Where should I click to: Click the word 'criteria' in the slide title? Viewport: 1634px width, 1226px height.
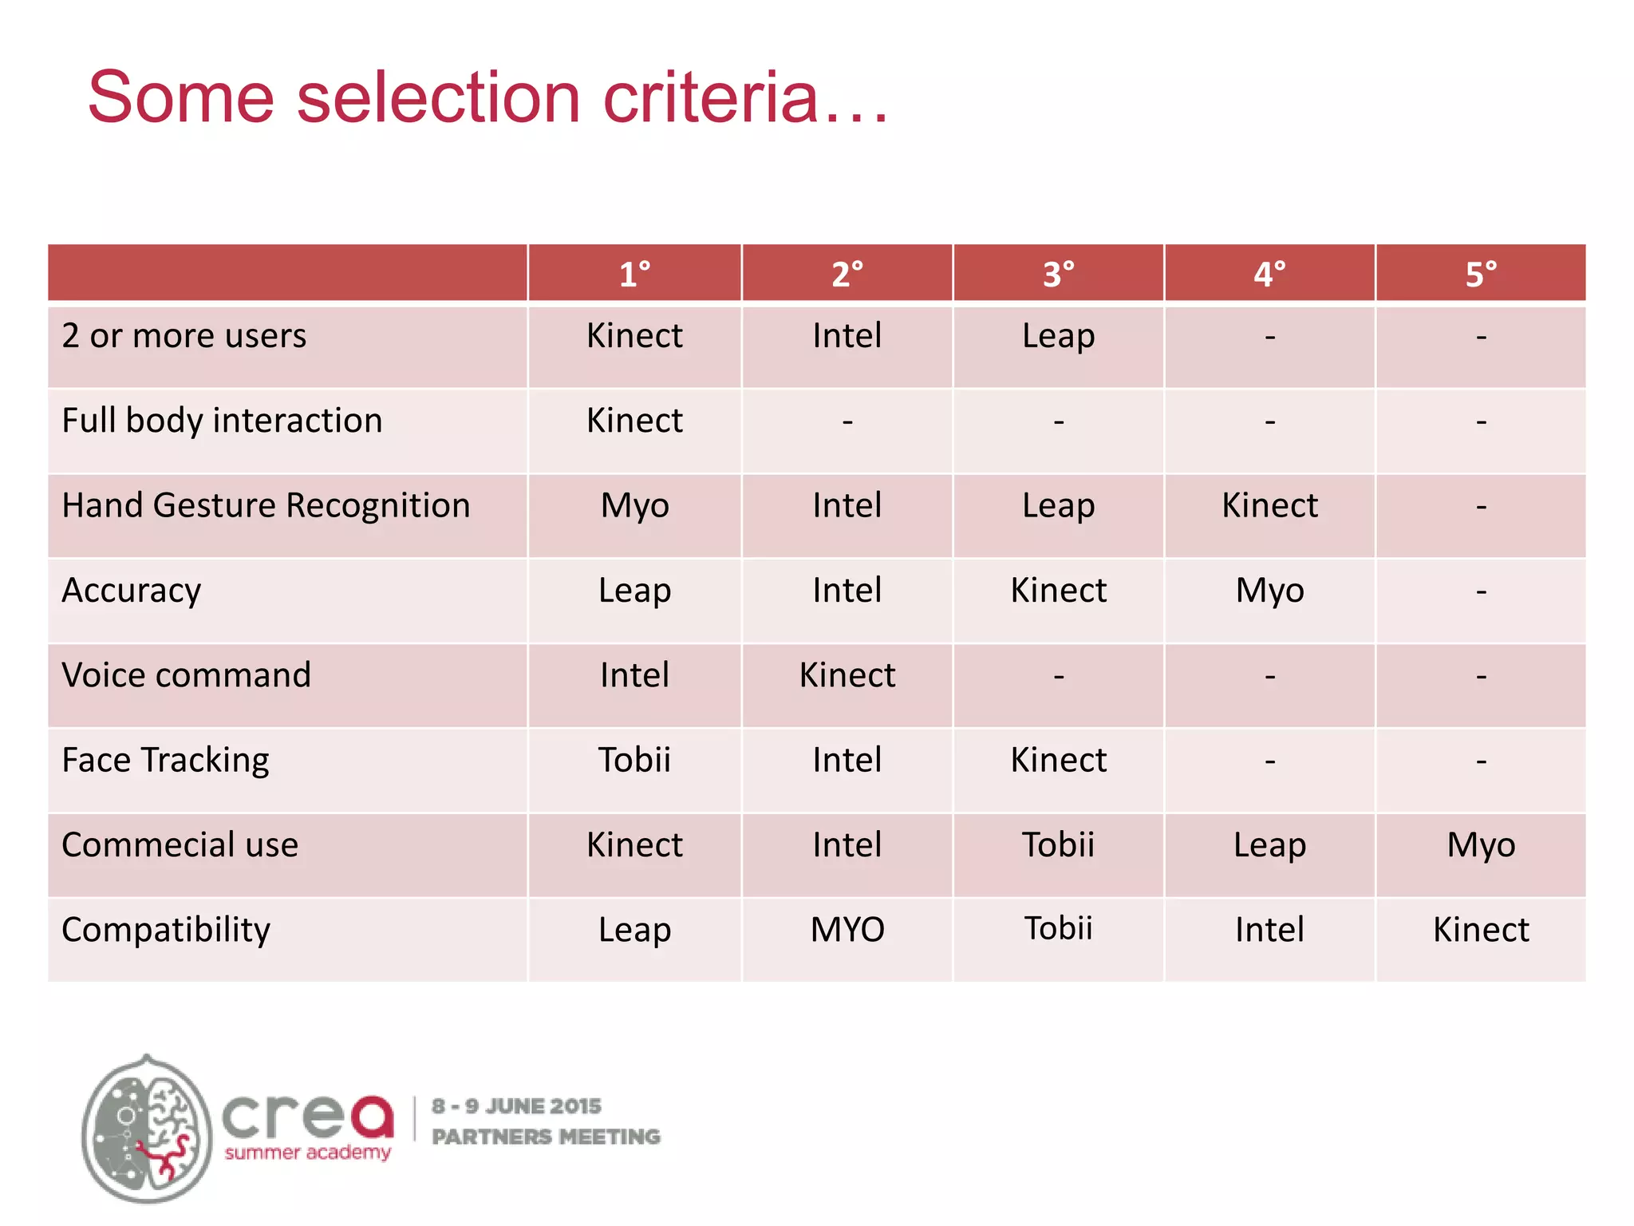(710, 97)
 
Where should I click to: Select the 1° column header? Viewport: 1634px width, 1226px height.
(634, 274)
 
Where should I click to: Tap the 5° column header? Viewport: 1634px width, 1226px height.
(1481, 274)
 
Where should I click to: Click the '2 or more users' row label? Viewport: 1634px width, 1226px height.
(184, 336)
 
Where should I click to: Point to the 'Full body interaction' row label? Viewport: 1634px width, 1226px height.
(222, 421)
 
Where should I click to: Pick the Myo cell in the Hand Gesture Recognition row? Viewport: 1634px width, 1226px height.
(634, 506)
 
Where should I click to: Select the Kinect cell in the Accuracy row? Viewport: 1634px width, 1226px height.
(1058, 591)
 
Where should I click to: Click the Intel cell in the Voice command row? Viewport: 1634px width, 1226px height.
(634, 675)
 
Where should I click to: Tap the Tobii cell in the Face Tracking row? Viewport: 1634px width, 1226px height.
(634, 760)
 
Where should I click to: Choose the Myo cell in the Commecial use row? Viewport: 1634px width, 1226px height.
(1481, 844)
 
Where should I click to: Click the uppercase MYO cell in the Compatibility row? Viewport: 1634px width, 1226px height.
(847, 930)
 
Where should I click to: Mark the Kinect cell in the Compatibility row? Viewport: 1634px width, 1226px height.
(1481, 930)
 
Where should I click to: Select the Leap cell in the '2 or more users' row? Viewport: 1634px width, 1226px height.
(1058, 336)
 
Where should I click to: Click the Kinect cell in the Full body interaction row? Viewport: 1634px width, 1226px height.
(634, 421)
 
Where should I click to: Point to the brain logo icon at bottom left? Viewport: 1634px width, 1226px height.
(147, 1129)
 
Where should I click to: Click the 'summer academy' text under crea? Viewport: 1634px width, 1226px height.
(307, 1153)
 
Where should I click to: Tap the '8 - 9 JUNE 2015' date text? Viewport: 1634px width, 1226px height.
(516, 1106)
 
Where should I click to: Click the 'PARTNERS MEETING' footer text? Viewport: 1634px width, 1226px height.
(546, 1137)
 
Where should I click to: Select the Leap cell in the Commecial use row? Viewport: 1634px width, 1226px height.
(1269, 844)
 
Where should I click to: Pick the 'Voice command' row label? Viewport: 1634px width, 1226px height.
(186, 675)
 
